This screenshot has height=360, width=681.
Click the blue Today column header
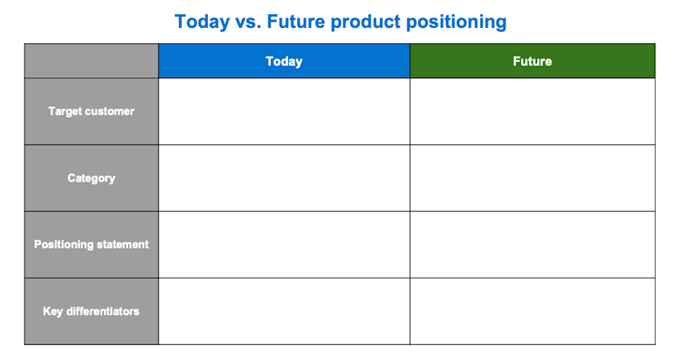[284, 61]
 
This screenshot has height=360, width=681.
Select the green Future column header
[533, 61]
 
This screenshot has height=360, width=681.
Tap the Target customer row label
[91, 111]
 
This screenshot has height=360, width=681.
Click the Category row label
[91, 178]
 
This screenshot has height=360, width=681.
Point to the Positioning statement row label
[91, 244]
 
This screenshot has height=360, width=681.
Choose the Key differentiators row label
[91, 311]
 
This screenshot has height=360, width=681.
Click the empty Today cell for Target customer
[284, 111]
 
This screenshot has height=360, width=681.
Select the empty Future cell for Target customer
[533, 111]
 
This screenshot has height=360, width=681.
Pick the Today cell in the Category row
[284, 178]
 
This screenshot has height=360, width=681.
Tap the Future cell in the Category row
[533, 178]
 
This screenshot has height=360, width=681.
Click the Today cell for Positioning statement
[284, 244]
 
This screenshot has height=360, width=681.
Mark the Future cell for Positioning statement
[533, 244]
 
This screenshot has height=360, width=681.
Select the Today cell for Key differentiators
[284, 311]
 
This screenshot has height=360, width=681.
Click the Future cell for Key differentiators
[533, 311]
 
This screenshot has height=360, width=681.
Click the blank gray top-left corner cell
[91, 61]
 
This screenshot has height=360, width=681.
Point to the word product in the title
[365, 22]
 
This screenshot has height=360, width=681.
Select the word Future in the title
[296, 22]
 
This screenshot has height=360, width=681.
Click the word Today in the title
[202, 22]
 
